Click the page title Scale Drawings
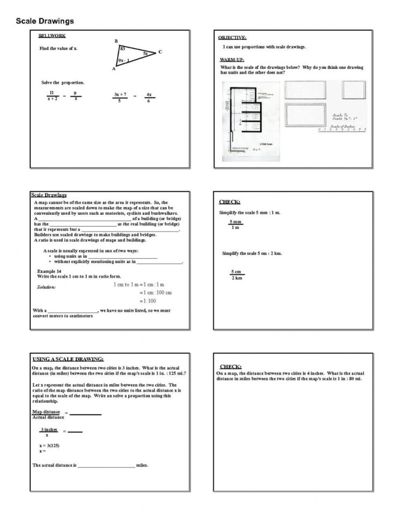tap(45, 21)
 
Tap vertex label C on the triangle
tap(160, 52)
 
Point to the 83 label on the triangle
tap(123, 49)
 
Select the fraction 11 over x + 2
tap(52, 96)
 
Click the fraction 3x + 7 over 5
tap(120, 97)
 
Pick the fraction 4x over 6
tap(149, 97)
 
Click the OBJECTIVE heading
tap(232, 38)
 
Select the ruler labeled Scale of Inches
tap(342, 128)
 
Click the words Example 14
tap(49, 271)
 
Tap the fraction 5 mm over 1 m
tap(235, 225)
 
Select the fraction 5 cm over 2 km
tap(236, 274)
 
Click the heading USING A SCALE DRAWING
tap(68, 359)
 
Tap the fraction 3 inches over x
tap(48, 432)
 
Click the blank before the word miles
tap(106, 465)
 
